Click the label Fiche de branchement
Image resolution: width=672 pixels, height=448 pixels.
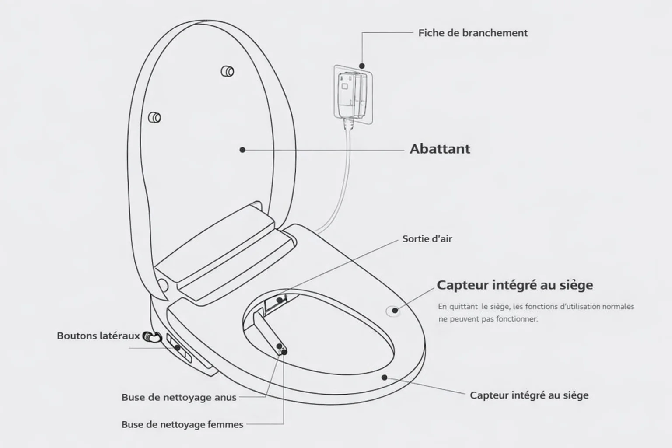pos(473,33)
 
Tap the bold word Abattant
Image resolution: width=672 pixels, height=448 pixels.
pos(440,149)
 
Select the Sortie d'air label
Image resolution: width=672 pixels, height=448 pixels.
pos(427,239)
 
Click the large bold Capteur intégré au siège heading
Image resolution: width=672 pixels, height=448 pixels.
pos(515,285)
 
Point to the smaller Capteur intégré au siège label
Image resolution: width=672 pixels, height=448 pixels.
pos(529,395)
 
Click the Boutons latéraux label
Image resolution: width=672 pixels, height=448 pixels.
pos(98,336)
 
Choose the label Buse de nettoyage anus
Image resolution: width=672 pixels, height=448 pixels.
pos(179,397)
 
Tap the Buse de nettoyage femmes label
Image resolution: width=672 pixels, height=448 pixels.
pos(182,425)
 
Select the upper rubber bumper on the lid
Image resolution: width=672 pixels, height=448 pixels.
pos(227,71)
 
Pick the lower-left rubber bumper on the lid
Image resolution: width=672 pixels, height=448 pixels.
pos(154,117)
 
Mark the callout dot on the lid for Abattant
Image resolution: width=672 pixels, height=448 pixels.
pos(242,150)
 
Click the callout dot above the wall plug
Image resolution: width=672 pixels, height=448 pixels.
pos(362,66)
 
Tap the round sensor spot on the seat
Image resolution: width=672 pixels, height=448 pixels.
pos(394,311)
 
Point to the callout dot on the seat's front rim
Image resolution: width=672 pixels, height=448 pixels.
pos(384,378)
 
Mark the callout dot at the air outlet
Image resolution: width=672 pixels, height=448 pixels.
pos(279,300)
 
